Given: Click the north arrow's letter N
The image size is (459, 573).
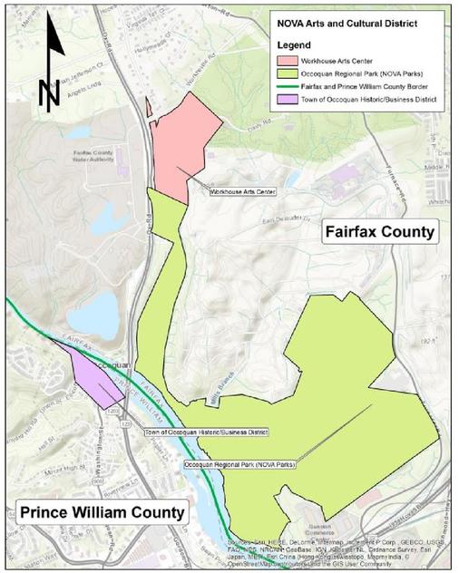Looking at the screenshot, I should tap(49, 91).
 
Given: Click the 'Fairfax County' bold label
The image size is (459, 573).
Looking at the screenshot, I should tap(379, 233).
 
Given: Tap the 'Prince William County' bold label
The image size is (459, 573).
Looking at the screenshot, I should tap(100, 512).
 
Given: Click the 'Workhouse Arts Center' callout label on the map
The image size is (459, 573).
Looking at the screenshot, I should tap(241, 192).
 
